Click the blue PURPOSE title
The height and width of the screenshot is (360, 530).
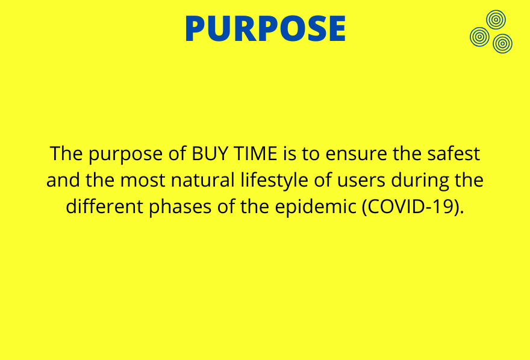pos(266,28)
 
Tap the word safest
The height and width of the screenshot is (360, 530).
pos(454,154)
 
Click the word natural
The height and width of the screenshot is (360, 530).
pos(203,180)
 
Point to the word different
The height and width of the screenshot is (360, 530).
pos(104,206)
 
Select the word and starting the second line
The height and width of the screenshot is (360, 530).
pos(63,180)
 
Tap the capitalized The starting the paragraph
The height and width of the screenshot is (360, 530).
pos(66,154)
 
